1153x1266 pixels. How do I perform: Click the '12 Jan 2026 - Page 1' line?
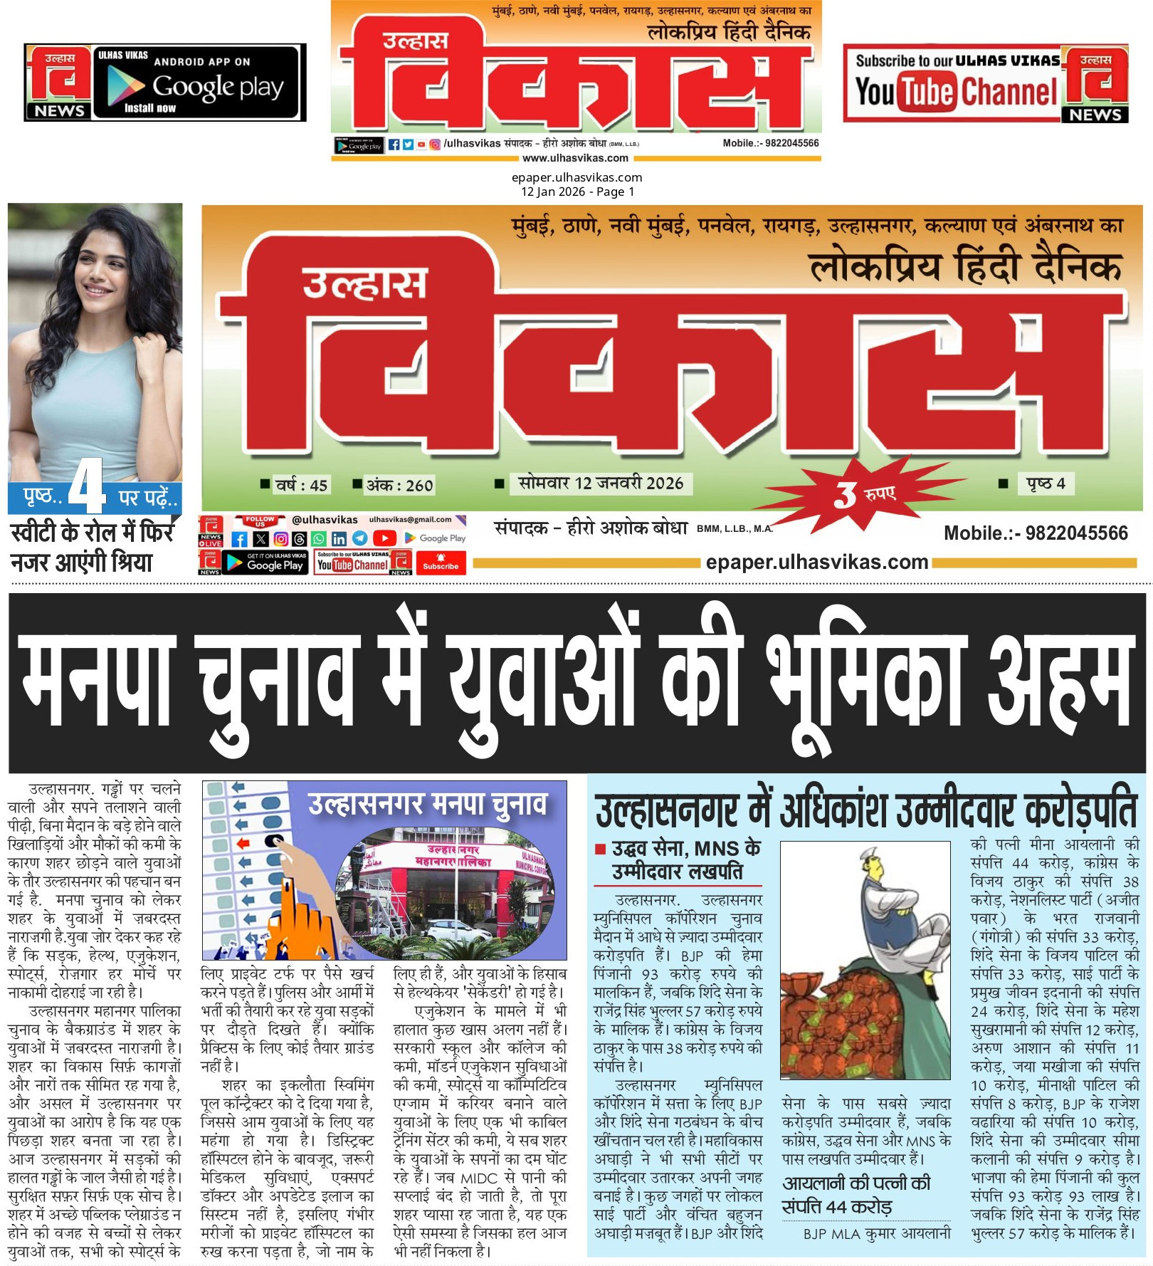(577, 192)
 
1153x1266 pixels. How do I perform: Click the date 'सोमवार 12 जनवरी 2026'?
(600, 483)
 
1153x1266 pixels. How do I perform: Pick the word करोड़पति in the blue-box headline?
(1080, 810)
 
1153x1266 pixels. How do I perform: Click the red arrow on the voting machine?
(244, 843)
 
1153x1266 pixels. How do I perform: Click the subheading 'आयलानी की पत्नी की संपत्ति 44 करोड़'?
(856, 1195)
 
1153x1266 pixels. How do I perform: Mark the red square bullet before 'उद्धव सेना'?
(600, 849)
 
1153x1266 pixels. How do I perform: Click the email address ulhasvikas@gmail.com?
(410, 519)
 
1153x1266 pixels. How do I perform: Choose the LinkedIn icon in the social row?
(339, 539)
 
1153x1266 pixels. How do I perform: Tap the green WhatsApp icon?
(320, 539)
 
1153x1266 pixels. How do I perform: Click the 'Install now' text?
(149, 108)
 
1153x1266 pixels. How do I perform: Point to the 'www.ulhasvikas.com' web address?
(575, 158)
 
